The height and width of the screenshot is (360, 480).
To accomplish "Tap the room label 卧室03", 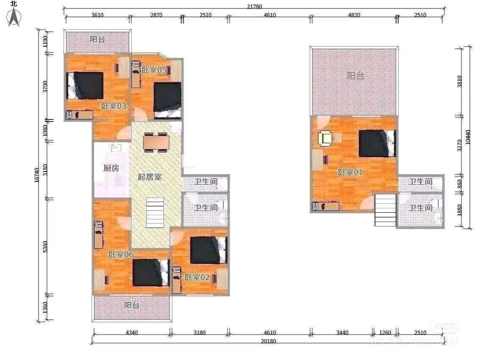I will click(113, 106).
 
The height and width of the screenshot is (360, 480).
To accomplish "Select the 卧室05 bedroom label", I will click(153, 70).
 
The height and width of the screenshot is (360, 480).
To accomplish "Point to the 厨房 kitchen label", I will click(111, 168).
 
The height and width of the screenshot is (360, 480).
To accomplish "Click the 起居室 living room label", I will click(149, 177).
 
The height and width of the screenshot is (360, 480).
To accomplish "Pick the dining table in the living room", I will click(156, 141).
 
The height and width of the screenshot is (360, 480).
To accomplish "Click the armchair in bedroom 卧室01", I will click(326, 138).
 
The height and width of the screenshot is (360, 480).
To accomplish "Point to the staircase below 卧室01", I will click(385, 209).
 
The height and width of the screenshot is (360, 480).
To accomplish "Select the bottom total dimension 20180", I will click(269, 341).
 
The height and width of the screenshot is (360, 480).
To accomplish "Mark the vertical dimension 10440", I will click(467, 136).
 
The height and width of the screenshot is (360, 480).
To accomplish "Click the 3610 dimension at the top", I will click(97, 15).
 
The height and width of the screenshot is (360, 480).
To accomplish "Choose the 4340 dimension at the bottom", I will click(132, 332).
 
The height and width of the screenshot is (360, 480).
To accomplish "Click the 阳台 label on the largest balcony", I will click(355, 76).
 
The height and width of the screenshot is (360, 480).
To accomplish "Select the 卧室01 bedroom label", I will click(350, 172).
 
